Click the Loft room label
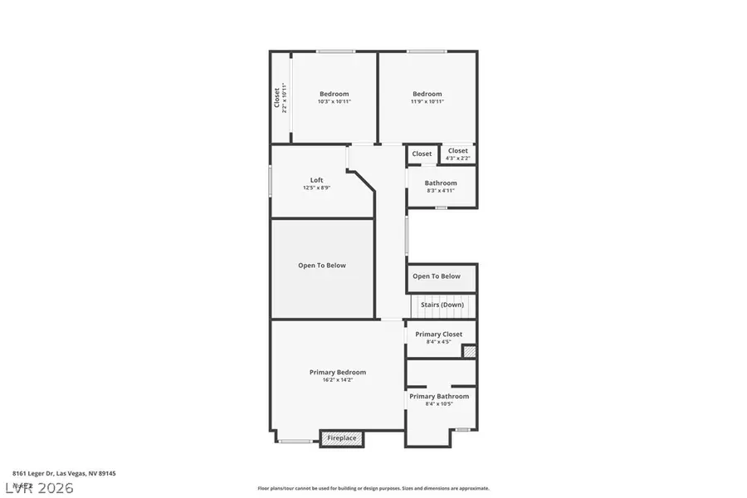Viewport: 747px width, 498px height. (317, 180)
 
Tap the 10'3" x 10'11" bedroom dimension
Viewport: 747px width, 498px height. (334, 102)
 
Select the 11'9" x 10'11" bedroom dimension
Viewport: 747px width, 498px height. (427, 102)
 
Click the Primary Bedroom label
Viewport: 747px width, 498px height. (338, 373)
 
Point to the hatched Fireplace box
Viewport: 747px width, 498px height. (342, 438)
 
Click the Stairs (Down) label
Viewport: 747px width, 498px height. (442, 305)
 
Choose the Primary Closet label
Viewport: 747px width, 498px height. (439, 334)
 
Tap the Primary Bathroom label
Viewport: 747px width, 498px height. (439, 397)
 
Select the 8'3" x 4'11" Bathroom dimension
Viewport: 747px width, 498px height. (441, 191)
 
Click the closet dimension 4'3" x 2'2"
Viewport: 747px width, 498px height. (458, 158)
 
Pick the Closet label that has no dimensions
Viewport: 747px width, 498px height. (422, 154)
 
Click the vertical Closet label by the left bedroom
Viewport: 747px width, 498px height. (277, 98)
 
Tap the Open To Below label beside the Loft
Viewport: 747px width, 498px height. (322, 266)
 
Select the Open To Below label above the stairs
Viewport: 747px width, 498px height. (437, 276)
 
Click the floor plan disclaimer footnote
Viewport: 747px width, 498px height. (373, 489)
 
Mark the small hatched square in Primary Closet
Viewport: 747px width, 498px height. (469, 352)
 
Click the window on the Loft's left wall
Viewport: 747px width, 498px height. (271, 181)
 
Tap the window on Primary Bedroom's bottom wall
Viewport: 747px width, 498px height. (295, 441)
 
